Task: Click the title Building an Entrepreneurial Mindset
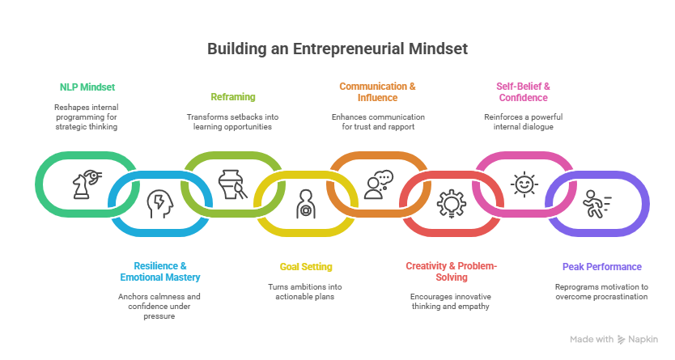tap(337, 49)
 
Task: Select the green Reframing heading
tap(233, 97)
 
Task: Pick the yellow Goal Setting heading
tap(306, 266)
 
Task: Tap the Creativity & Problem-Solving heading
tap(451, 271)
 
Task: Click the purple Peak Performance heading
tap(601, 266)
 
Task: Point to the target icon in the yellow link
tap(306, 203)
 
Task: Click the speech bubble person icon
tap(377, 184)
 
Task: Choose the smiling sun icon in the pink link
tap(524, 183)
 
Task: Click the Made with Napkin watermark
tap(613, 340)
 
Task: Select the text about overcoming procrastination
tap(601, 291)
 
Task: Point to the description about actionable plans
tap(306, 291)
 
